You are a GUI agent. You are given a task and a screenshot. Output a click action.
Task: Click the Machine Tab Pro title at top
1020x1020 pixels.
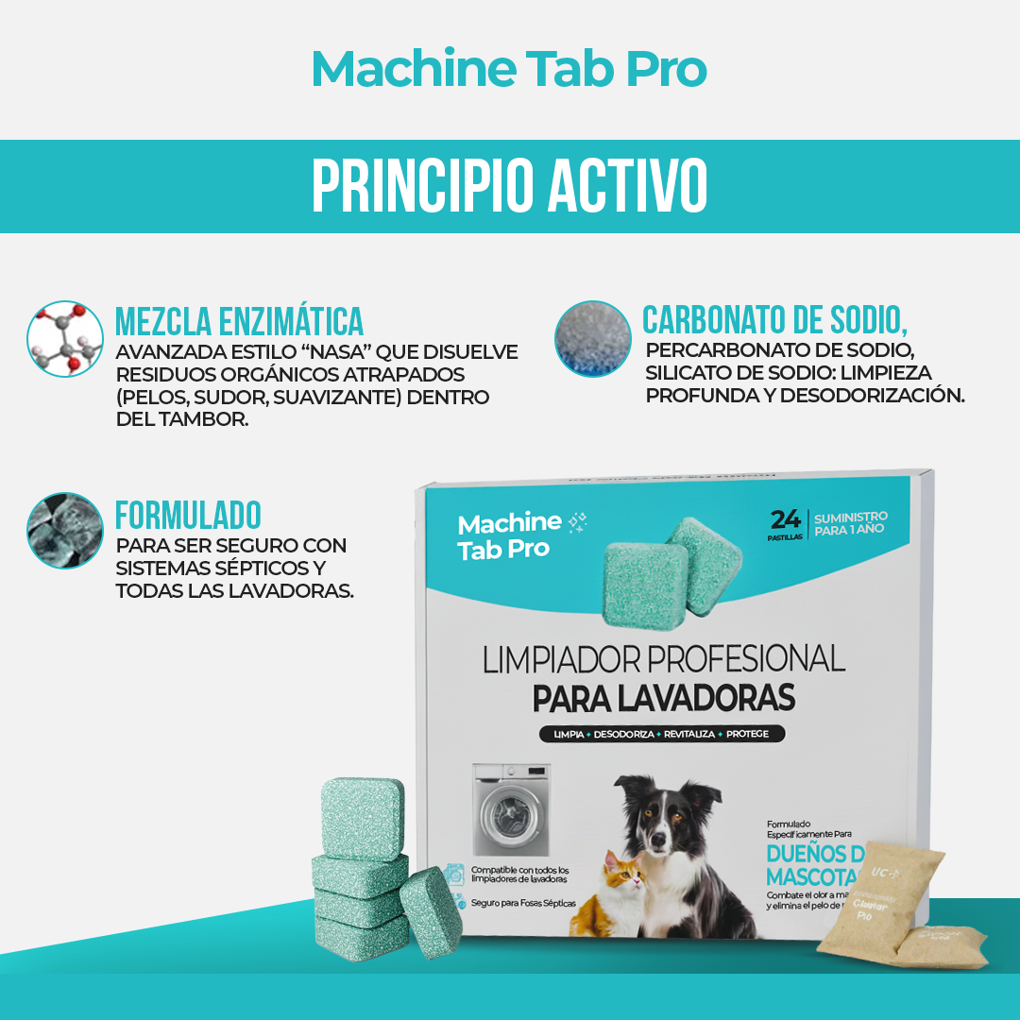click(509, 69)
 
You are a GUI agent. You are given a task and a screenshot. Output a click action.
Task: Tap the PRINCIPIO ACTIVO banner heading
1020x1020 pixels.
click(509, 186)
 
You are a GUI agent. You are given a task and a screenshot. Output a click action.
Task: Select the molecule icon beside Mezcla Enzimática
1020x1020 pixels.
click(64, 339)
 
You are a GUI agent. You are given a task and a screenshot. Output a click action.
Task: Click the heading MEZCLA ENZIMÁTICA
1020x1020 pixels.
click(239, 321)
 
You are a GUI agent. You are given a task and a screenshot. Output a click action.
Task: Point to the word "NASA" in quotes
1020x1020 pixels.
click(337, 351)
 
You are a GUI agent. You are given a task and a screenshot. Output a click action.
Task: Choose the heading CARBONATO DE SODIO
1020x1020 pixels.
click(774, 320)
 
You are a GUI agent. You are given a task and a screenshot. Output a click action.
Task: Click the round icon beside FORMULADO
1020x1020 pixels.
click(64, 530)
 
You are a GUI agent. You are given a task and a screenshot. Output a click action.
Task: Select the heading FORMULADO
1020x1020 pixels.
click(188, 516)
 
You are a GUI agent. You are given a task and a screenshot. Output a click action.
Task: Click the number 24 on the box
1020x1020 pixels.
click(786, 519)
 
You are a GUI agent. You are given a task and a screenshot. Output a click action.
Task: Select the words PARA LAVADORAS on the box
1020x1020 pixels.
click(664, 698)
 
